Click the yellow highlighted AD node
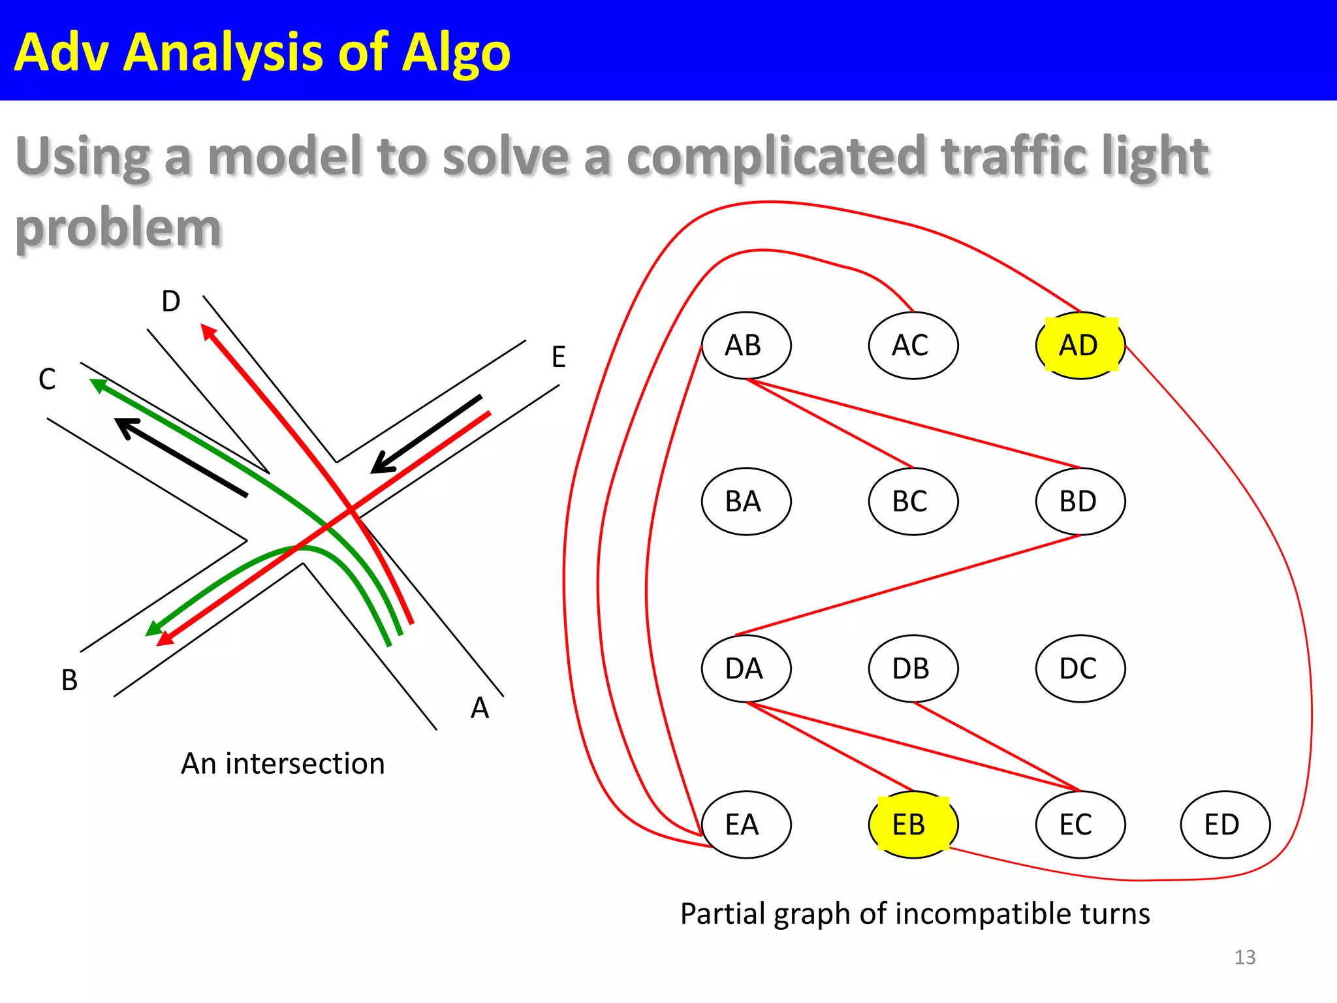pos(1080,345)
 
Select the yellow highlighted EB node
pos(913,824)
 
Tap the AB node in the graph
pos(746,345)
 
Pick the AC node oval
pos(913,345)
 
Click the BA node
pos(746,501)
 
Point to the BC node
pos(913,501)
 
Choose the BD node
pos(1080,501)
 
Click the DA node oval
pos(746,668)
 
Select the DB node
pos(913,668)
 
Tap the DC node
pos(1080,668)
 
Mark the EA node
pos(746,824)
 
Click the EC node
pos(1080,824)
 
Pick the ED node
pos(1225,824)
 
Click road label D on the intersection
pos(171,301)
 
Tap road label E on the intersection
pos(558,357)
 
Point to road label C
pos(47,379)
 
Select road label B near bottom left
pos(69,680)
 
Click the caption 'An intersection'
pos(283,763)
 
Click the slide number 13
pos(1244,957)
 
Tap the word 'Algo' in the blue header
pos(456,52)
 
